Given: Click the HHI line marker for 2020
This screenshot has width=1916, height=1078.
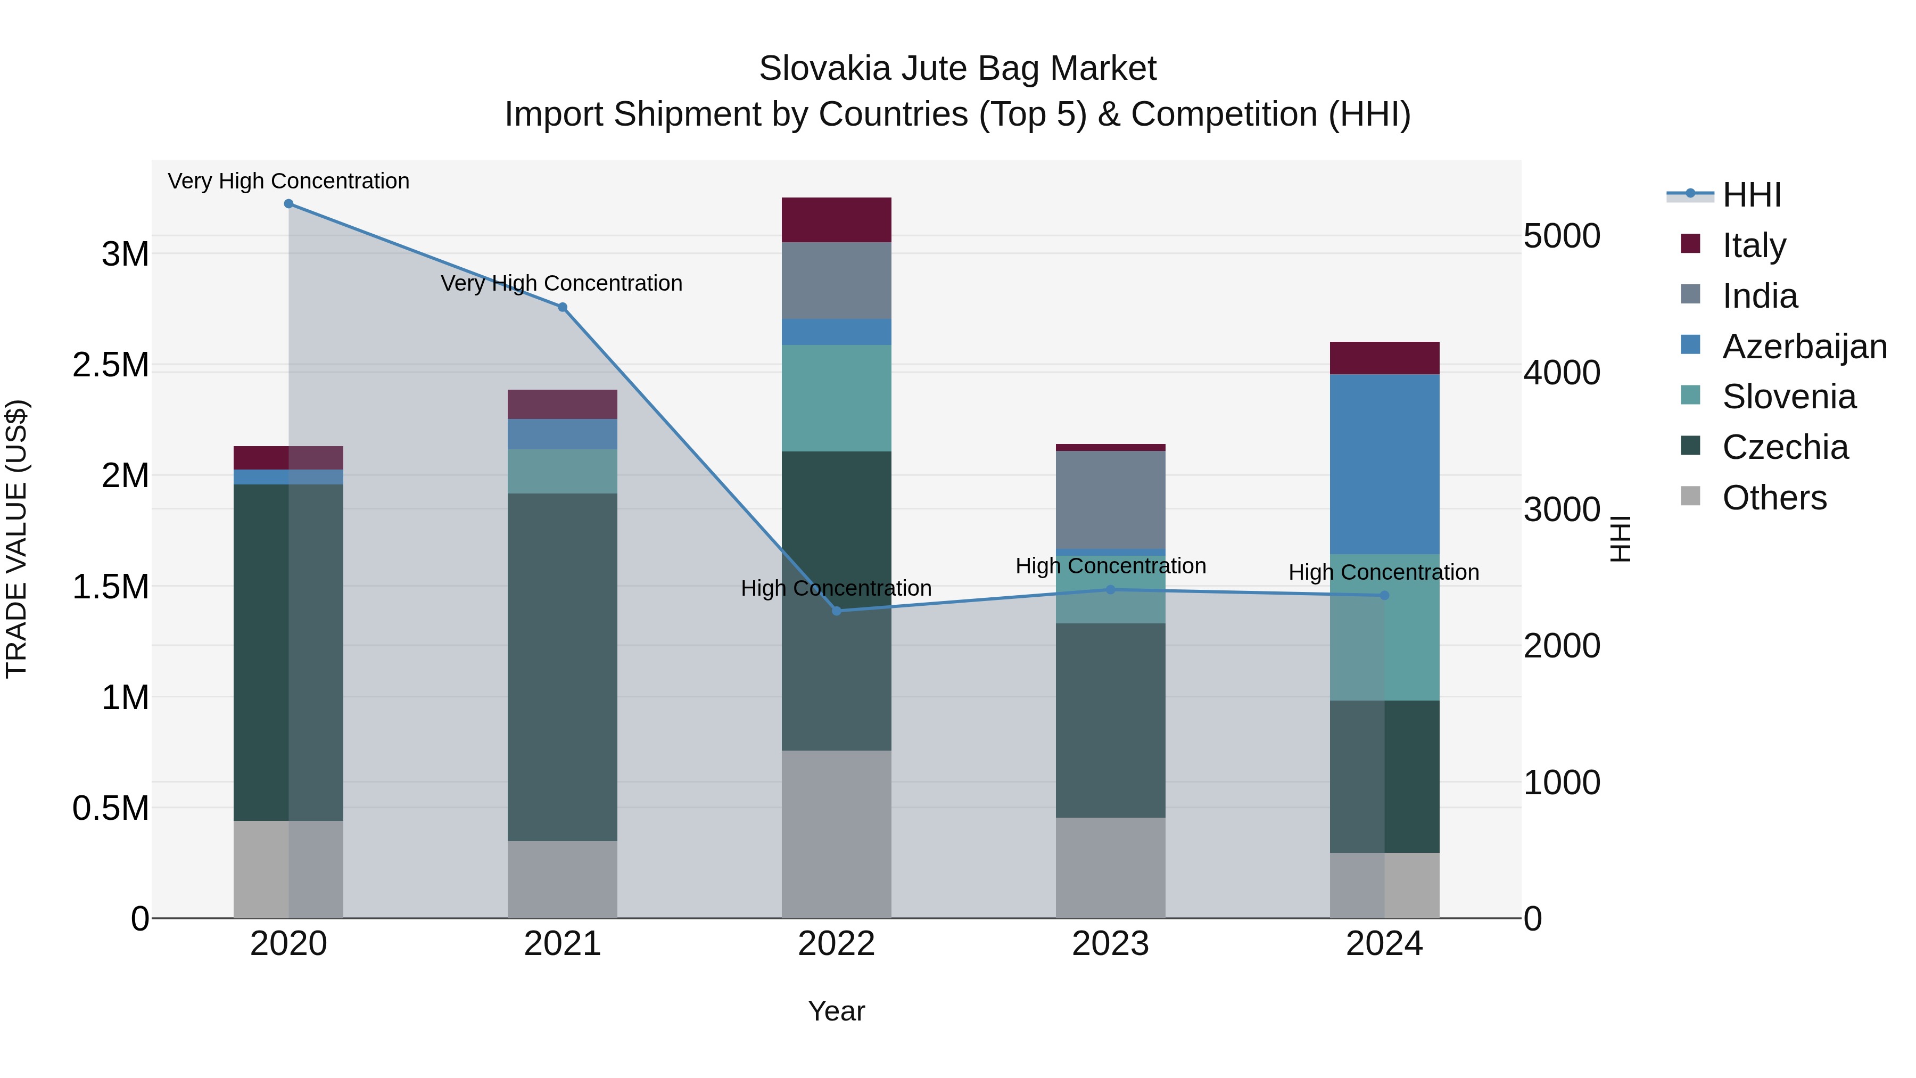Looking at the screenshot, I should pyautogui.click(x=288, y=204).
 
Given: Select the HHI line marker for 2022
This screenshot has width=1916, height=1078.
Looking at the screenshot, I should pyautogui.click(x=836, y=611).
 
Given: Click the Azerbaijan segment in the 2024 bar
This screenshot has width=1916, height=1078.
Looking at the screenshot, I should pyautogui.click(x=1384, y=464).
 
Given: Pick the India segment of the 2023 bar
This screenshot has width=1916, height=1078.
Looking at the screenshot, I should pyautogui.click(x=1110, y=499).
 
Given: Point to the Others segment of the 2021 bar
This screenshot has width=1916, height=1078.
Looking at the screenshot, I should pyautogui.click(x=563, y=879).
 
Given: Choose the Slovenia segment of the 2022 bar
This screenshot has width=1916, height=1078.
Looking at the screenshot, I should pyautogui.click(x=836, y=398).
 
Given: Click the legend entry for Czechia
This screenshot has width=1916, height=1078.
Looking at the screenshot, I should pyautogui.click(x=1785, y=447).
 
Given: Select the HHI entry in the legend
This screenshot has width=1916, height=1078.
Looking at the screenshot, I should pyautogui.click(x=1751, y=195).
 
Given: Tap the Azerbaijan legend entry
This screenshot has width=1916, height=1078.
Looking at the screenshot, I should pyautogui.click(x=1804, y=347).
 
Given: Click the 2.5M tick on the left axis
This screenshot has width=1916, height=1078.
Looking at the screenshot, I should pyautogui.click(x=111, y=365).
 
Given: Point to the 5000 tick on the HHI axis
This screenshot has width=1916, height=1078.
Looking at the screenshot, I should pyautogui.click(x=1561, y=236).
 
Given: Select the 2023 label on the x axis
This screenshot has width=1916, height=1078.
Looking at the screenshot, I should pyautogui.click(x=1110, y=944).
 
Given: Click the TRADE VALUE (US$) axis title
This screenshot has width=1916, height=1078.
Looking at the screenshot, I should pyautogui.click(x=16, y=539).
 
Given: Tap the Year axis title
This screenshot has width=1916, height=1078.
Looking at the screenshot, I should pyautogui.click(x=836, y=1011).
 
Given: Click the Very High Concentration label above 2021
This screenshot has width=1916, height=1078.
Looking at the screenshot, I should pyautogui.click(x=561, y=283).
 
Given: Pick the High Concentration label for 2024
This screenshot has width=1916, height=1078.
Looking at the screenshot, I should pyautogui.click(x=1383, y=572).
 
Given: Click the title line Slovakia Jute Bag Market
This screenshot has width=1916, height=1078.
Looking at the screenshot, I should pyautogui.click(x=957, y=69).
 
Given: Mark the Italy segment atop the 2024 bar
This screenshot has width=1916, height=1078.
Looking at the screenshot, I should pyautogui.click(x=1384, y=358).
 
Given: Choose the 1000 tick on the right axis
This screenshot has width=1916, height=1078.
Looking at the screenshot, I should pyautogui.click(x=1561, y=783).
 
